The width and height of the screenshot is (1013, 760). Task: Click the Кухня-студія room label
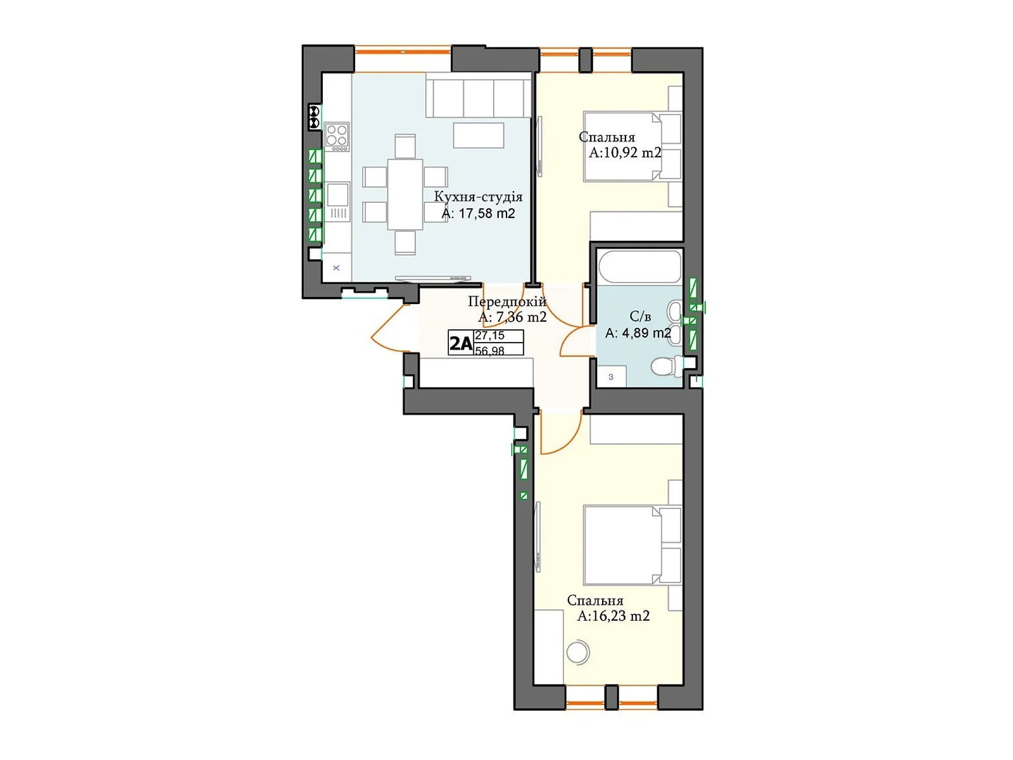tap(478, 197)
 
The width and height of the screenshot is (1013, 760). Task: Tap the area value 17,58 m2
tap(478, 214)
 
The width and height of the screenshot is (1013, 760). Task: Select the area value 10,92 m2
tap(625, 153)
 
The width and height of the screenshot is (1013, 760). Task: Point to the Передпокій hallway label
tap(507, 301)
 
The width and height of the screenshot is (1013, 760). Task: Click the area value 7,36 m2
tap(512, 317)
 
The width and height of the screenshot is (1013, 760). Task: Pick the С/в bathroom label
tap(640, 317)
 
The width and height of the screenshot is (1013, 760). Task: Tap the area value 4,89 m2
tap(638, 333)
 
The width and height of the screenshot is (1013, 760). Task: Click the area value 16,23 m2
tap(613, 616)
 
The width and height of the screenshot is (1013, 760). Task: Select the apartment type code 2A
tap(461, 343)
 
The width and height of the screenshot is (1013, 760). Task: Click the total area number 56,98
tap(489, 350)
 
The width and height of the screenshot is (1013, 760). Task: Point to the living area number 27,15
tap(489, 336)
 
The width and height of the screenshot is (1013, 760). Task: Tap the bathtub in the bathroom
tap(639, 267)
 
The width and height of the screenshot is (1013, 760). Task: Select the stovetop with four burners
tap(337, 137)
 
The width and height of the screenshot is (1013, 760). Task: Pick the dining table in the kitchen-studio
tap(405, 194)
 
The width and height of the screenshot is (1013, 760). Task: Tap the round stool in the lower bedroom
tap(577, 652)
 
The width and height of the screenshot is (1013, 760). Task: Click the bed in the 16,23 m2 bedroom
tap(624, 545)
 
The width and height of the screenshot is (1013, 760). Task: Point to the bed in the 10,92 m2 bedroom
tap(624, 147)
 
